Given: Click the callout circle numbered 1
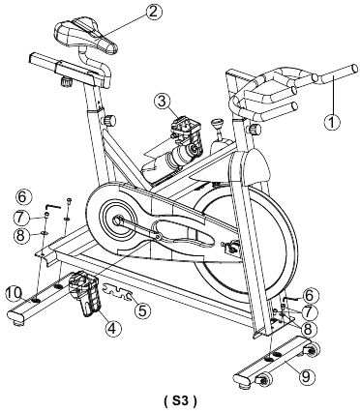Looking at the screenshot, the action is point(332,122).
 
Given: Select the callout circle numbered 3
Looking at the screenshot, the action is point(162,102).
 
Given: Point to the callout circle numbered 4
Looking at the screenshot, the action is point(111,328).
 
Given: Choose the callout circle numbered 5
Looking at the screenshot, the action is point(142,310).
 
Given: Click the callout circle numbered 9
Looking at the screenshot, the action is point(307,375).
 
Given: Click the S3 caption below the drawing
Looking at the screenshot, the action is point(180,400).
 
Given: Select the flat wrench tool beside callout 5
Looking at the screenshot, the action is point(118,290).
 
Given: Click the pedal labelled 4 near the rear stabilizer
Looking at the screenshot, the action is point(85,293).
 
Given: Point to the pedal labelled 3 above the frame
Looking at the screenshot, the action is point(187,133).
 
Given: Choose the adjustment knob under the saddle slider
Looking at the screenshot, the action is point(67,81).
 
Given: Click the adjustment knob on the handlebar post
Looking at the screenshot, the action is point(254,130).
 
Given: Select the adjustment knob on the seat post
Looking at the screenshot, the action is point(109,120).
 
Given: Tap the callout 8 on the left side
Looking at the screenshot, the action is point(21,235).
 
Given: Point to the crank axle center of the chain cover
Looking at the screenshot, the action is point(116,221).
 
